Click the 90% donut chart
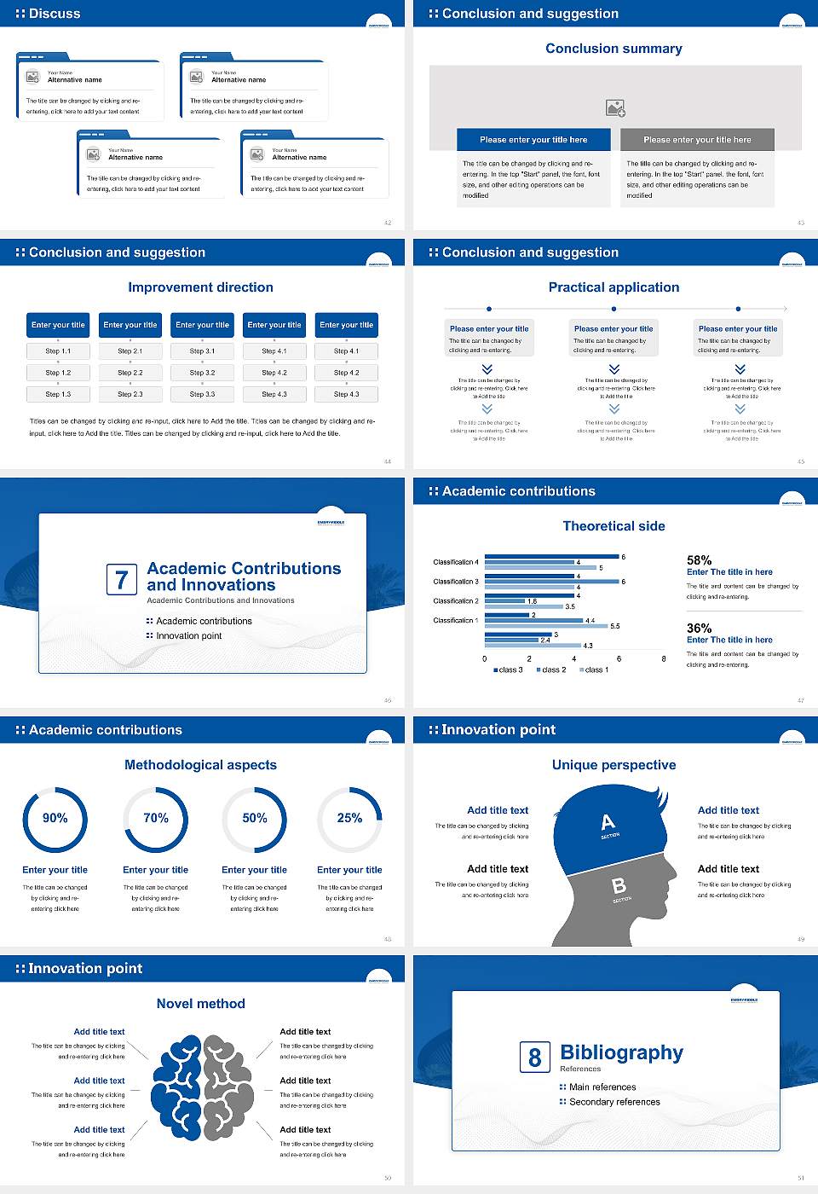tap(55, 819)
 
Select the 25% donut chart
tap(349, 819)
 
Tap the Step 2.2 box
tap(130, 373)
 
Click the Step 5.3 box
tap(346, 394)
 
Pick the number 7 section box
tap(121, 580)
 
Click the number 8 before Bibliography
tap(534, 1058)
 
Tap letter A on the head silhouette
tap(608, 822)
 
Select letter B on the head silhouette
tap(619, 887)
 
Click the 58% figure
tap(699, 560)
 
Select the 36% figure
tap(699, 628)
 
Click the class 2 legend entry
tap(551, 670)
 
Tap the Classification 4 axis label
tap(456, 562)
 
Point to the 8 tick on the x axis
tap(664, 658)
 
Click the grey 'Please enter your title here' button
tap(697, 140)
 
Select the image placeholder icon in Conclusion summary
tap(615, 107)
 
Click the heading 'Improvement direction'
tap(200, 287)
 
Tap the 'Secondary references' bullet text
tap(614, 1102)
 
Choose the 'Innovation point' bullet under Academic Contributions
tap(188, 635)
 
